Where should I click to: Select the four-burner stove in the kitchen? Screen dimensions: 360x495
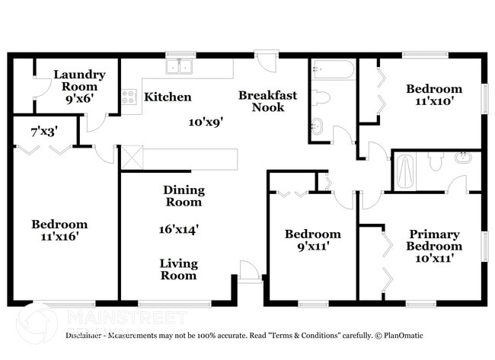[129, 97]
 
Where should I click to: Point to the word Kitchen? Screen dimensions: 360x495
[168, 97]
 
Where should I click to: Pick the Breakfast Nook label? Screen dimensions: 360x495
[267, 101]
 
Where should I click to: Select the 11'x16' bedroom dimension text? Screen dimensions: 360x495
[59, 237]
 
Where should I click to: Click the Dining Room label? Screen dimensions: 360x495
[184, 196]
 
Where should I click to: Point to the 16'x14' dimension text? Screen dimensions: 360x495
[180, 228]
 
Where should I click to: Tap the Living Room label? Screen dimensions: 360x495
[178, 269]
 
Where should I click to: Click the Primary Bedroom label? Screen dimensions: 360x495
[433, 240]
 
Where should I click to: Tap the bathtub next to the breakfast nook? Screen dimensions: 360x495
[332, 72]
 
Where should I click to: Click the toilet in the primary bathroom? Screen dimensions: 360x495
[436, 161]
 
